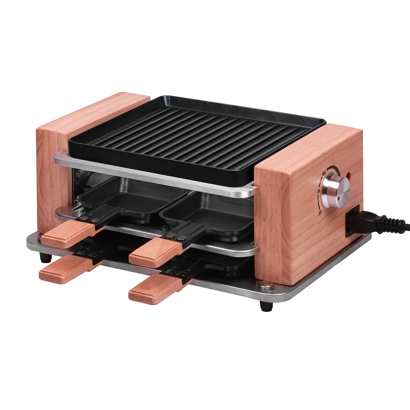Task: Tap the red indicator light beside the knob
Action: [349, 176]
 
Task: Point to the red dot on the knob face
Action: [339, 199]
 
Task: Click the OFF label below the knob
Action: [320, 214]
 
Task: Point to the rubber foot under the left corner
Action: [45, 258]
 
